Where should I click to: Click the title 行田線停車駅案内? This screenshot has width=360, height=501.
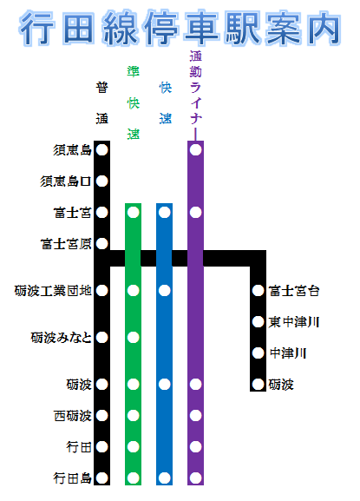click(x=180, y=28)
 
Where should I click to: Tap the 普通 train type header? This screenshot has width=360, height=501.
click(x=102, y=102)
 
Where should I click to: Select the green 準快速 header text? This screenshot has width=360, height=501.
click(x=134, y=102)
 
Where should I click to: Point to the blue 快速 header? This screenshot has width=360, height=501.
click(x=166, y=102)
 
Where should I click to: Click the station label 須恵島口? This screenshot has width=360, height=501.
click(x=66, y=181)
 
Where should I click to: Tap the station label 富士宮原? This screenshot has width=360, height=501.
click(x=66, y=244)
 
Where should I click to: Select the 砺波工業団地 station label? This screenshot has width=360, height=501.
click(x=53, y=291)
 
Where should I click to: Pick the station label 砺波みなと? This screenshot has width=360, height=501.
click(x=62, y=338)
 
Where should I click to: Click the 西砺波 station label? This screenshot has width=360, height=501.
click(x=73, y=416)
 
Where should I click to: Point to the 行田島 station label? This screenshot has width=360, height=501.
click(x=73, y=478)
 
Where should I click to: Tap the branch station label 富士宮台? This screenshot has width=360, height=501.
click(x=294, y=291)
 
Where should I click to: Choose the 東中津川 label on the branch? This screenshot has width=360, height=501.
click(x=294, y=322)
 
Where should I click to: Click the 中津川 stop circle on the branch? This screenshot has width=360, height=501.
click(x=258, y=353)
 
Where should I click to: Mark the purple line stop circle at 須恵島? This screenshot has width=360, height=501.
click(x=196, y=150)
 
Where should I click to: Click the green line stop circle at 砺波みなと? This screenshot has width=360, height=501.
click(x=133, y=338)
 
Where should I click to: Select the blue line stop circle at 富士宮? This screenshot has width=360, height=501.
click(x=164, y=213)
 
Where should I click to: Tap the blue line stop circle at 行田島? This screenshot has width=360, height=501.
click(x=164, y=478)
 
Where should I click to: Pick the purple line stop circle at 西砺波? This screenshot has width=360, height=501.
click(x=196, y=416)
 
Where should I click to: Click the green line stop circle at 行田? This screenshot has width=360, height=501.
click(x=133, y=447)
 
